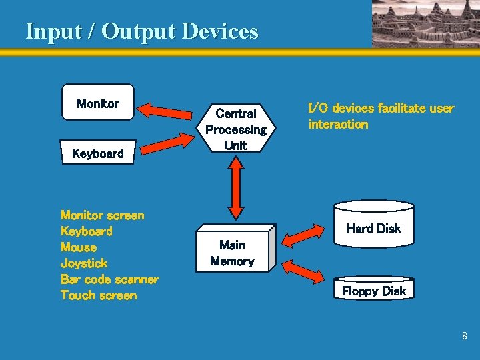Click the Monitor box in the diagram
click(98, 102)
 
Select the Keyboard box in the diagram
click(97, 153)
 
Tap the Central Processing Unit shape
click(236, 129)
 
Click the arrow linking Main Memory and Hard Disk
click(304, 234)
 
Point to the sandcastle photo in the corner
click(425, 24)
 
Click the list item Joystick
click(84, 263)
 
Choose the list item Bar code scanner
click(109, 279)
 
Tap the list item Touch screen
click(99, 295)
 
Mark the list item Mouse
click(79, 247)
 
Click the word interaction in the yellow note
click(338, 124)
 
